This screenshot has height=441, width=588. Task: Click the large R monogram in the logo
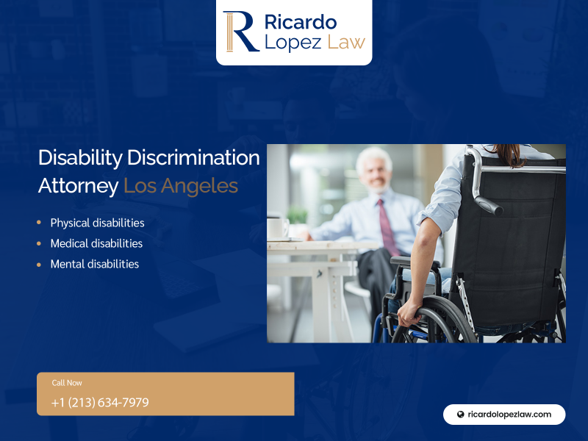point(241,32)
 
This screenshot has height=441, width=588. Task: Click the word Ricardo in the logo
point(301,22)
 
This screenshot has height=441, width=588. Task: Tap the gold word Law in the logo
point(346,42)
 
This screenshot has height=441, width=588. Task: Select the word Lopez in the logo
point(293,43)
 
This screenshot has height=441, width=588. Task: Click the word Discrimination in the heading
point(193,157)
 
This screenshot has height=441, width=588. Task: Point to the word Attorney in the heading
point(79,187)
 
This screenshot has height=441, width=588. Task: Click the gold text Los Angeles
point(181,187)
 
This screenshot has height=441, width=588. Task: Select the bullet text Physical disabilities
point(98,223)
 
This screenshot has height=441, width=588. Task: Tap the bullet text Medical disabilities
point(97,244)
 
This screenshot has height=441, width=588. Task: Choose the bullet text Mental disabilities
point(95,265)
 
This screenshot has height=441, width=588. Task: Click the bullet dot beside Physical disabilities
point(39,223)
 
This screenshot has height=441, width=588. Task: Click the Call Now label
point(67,383)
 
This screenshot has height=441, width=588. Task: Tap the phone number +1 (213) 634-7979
point(100,402)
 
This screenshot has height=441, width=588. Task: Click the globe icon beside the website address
point(461,415)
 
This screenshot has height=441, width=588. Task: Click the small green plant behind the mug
point(297,215)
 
